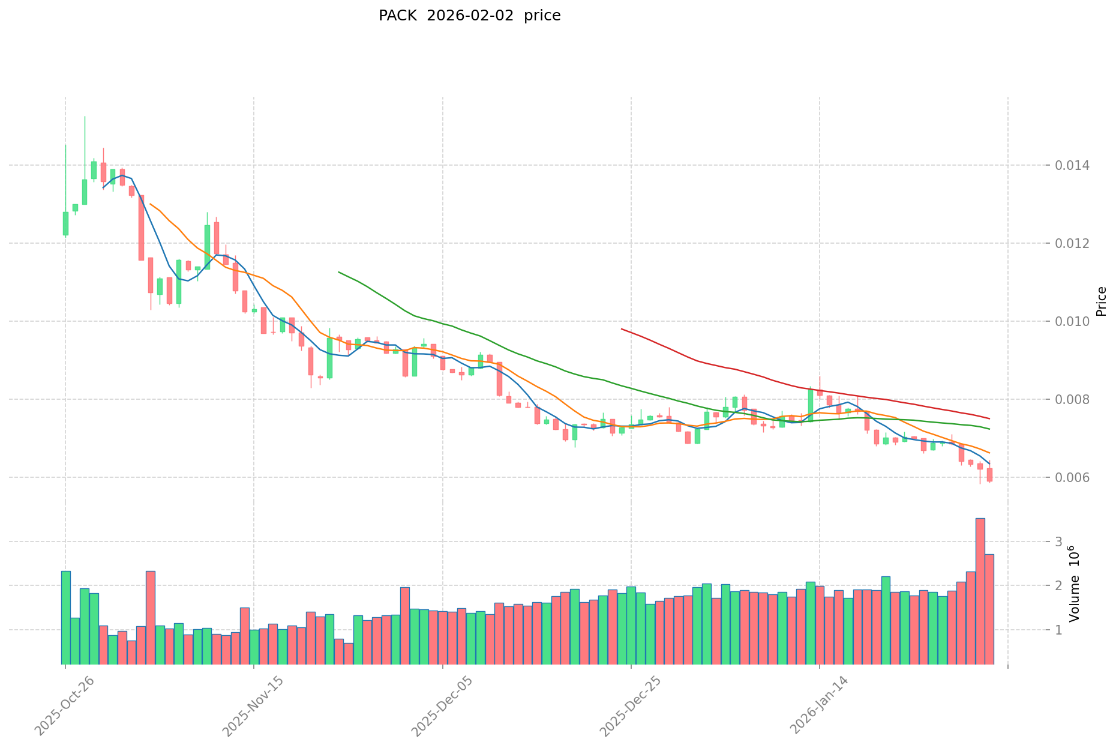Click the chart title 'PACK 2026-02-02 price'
point(469,16)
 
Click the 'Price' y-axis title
point(1101,301)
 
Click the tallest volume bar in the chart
point(980,591)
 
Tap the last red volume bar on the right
point(989,609)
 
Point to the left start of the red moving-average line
point(622,329)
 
